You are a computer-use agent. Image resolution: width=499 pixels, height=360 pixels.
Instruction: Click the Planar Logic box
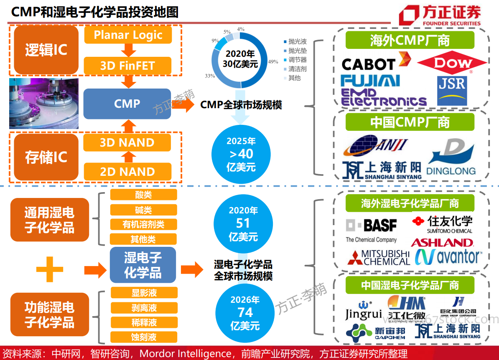(128, 35)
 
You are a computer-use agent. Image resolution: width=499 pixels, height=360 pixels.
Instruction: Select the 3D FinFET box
(127, 66)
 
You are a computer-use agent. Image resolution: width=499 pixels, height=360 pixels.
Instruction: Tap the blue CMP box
(127, 104)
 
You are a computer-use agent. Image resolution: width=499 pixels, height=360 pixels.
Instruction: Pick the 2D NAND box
(127, 172)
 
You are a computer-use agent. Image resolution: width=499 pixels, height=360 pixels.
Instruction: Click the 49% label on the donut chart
(273, 62)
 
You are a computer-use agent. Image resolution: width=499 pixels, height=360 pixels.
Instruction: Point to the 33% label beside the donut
(210, 76)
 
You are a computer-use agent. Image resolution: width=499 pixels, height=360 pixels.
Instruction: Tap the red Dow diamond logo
(452, 62)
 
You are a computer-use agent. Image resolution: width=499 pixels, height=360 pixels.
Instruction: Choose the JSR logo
(452, 91)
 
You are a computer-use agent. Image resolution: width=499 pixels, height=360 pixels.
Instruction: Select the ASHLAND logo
(442, 243)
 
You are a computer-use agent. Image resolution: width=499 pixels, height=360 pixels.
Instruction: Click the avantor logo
(448, 257)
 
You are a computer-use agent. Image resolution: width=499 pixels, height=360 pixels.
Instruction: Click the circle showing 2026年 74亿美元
(245, 313)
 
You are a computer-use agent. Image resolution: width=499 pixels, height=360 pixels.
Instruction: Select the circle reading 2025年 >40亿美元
(241, 154)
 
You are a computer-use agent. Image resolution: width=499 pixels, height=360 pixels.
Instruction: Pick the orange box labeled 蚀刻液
(144, 337)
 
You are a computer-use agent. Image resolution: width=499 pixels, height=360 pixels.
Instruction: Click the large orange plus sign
(50, 269)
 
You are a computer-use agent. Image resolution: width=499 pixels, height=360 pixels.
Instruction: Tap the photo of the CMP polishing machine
(44, 104)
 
